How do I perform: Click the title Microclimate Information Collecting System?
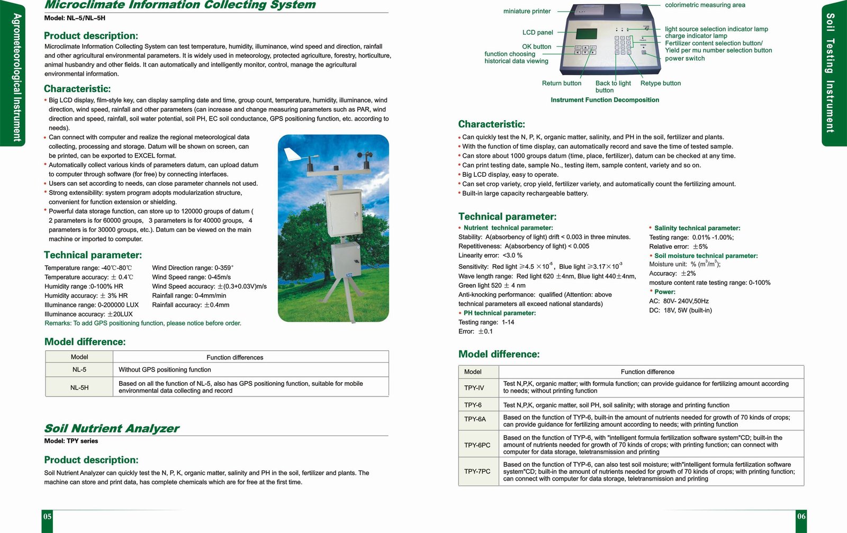[180, 5]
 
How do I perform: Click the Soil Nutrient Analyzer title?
[112, 428]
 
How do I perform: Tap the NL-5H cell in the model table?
[79, 387]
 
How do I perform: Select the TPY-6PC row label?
[477, 445]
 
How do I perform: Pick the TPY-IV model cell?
[474, 387]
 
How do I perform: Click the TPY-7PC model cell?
[477, 472]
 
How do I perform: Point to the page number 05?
[48, 517]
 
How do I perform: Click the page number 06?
[801, 517]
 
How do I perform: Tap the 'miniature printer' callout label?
[527, 11]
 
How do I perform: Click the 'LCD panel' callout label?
[537, 32]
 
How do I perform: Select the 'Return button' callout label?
[561, 83]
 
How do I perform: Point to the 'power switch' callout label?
[684, 58]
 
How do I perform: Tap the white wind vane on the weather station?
[292, 155]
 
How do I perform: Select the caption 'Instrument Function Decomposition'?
[605, 100]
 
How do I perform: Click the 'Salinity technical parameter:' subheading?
[697, 228]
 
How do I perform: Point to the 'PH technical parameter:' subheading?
[499, 313]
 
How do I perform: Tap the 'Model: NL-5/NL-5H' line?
[75, 18]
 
